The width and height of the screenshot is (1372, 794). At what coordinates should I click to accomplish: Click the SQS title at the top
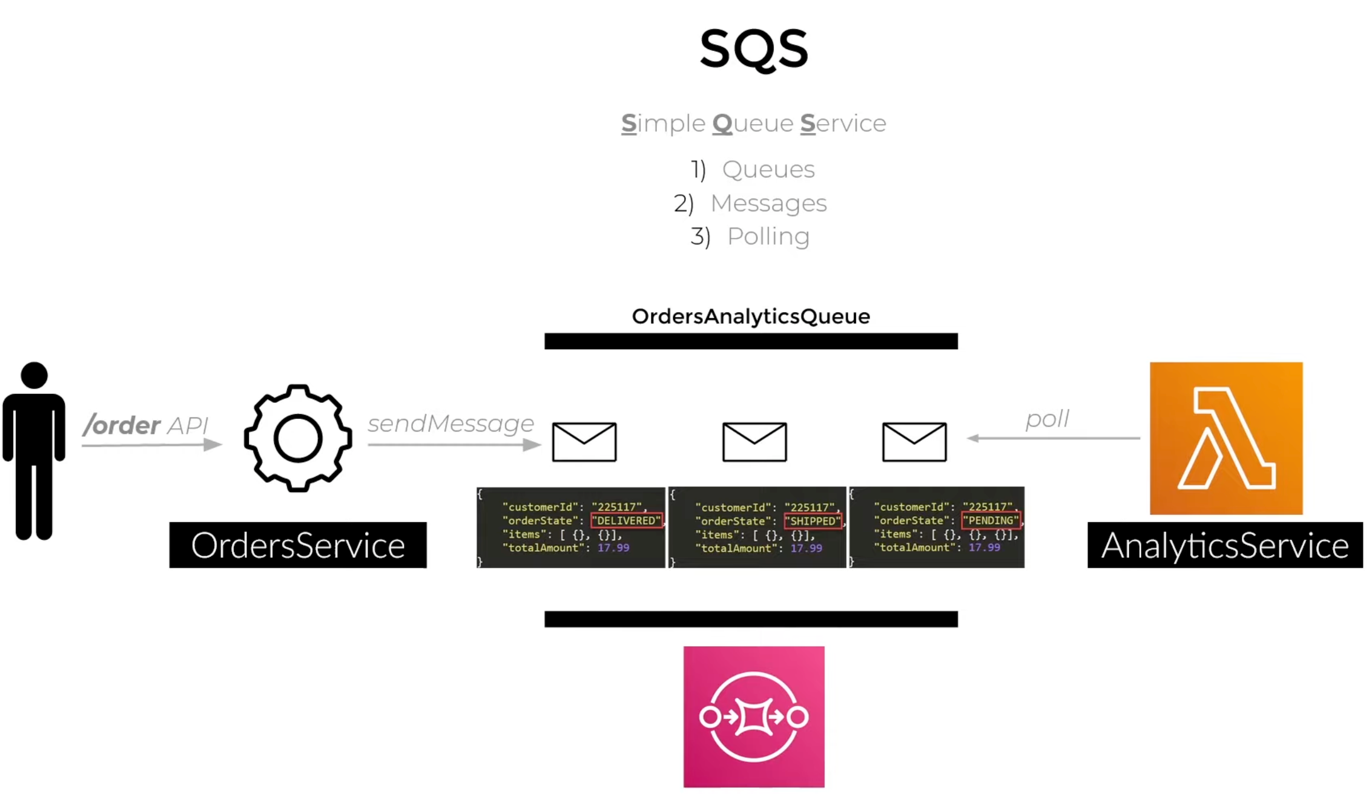(x=753, y=48)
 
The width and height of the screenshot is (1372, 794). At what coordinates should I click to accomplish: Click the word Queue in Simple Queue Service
(x=753, y=123)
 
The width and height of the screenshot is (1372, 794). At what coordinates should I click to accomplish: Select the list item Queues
(x=768, y=169)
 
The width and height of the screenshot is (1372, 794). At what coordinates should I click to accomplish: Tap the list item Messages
(x=768, y=203)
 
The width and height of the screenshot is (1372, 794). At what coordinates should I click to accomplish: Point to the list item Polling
(x=768, y=237)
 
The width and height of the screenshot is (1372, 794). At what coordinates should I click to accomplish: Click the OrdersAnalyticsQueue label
(x=751, y=317)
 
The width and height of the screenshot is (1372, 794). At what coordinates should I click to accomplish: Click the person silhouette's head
(x=34, y=375)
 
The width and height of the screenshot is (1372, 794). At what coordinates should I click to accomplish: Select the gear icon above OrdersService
(x=298, y=438)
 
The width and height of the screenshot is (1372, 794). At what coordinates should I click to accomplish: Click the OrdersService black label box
(x=298, y=545)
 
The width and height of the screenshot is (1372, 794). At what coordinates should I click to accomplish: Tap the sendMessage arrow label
(x=450, y=424)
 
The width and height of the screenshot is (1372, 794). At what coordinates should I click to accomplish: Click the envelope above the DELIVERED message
(x=584, y=442)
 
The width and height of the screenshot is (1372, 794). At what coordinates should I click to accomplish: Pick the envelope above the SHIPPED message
(x=754, y=442)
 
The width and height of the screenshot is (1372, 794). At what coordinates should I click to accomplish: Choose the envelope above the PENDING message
(x=914, y=442)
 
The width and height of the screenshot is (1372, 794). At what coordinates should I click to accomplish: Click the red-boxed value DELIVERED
(x=626, y=520)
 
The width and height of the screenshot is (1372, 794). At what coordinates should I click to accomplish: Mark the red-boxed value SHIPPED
(x=813, y=521)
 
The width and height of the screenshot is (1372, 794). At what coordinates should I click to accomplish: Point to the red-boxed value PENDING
(x=991, y=520)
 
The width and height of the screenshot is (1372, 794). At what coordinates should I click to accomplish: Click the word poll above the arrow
(x=1047, y=419)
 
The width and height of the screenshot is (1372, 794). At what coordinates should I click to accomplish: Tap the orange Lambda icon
(x=1226, y=438)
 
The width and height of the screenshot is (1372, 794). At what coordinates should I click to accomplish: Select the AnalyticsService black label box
(x=1225, y=545)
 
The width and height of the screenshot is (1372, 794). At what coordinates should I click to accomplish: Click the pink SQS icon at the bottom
(x=754, y=717)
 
